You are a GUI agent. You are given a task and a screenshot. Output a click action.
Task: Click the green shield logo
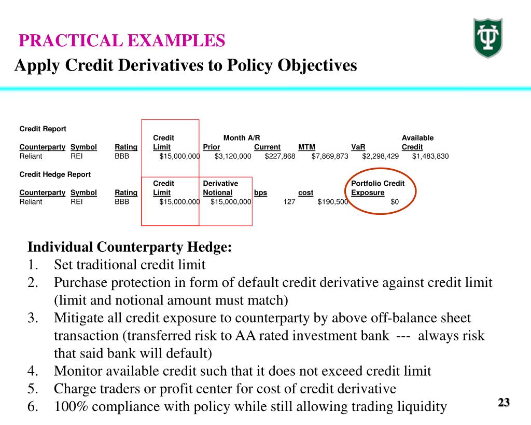pos(488,38)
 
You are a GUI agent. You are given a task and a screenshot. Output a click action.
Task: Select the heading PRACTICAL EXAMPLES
pos(122,40)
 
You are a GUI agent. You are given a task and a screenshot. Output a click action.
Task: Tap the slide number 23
pos(504,402)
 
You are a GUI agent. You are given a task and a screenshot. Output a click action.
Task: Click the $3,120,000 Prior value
pos(233,156)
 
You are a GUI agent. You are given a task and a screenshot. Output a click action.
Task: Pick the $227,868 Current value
pos(280,156)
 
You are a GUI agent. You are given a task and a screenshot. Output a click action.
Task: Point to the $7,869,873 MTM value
pos(330,156)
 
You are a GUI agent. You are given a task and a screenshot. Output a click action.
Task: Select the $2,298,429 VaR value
pos(380,156)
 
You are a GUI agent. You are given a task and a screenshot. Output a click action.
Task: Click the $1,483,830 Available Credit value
pos(430,156)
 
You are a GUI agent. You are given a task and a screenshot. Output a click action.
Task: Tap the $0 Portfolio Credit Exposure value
pos(395,202)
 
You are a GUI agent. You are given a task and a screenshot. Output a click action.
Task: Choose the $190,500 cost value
pos(332,202)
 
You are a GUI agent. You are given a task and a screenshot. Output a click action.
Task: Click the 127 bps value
pos(289,202)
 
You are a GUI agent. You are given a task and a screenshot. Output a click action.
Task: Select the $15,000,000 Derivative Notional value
pos(231,202)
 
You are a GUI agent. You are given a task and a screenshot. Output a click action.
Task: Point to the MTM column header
pos(306,147)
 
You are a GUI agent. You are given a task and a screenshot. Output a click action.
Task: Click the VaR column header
pos(358,147)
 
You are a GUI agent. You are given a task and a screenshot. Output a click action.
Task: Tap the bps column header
pos(260,193)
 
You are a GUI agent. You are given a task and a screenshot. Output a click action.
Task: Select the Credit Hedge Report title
pos(55,174)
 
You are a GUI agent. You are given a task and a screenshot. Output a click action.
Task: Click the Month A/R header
pos(242,138)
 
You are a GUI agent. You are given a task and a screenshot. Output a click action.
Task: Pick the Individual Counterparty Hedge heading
pos(130,248)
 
